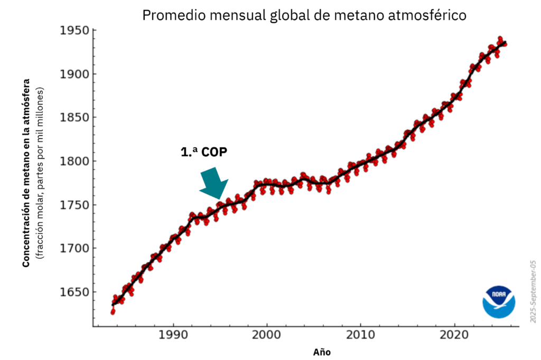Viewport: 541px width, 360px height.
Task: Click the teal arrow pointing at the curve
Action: pos(214,184)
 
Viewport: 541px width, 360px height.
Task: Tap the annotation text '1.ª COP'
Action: pos(204,151)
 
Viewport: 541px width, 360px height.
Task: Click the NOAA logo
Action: pos(498,301)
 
